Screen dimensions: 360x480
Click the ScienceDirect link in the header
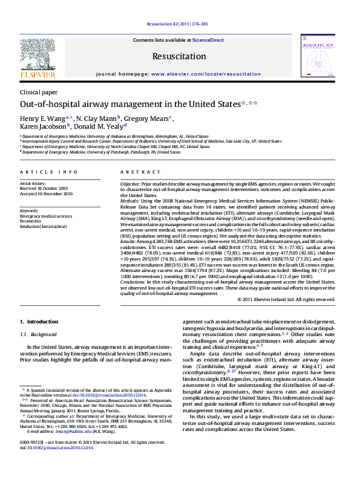(x=208, y=40)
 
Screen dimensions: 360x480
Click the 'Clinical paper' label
(x=39, y=92)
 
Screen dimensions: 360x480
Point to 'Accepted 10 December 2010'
(x=46, y=193)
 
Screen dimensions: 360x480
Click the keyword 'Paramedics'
(x=32, y=221)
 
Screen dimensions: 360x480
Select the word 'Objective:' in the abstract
(x=130, y=183)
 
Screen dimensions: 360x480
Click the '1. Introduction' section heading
(x=39, y=322)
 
